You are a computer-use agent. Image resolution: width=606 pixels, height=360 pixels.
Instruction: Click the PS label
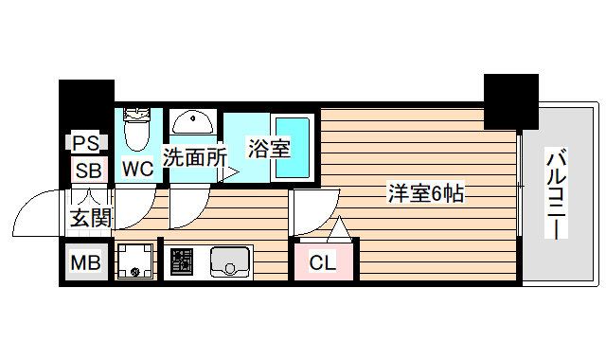87,144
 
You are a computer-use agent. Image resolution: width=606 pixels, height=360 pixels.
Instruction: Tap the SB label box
88,171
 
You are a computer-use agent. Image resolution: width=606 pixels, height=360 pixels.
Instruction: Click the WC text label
137,171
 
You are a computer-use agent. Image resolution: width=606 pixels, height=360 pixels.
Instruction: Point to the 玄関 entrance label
91,217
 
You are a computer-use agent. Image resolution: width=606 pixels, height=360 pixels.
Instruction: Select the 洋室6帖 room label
425,193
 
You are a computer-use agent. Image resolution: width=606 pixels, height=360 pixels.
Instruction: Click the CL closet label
323,263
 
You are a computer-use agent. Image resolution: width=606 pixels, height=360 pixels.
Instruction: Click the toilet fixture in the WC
138,131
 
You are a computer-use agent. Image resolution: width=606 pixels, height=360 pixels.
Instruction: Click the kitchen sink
229,261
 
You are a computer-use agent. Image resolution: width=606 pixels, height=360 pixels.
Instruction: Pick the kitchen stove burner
182,262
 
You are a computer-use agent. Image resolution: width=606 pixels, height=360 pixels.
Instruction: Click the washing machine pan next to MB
136,262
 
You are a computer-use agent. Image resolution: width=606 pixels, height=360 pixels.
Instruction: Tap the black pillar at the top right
511,100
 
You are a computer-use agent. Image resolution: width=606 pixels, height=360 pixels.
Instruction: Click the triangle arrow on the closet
340,229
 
